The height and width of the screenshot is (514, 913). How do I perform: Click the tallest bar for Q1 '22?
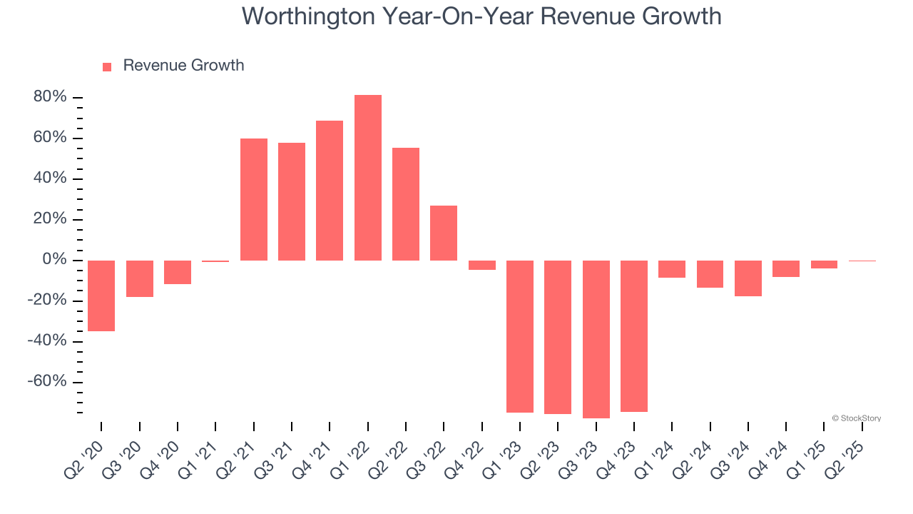pyautogui.click(x=368, y=178)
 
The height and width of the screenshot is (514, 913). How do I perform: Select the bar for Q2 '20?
pyautogui.click(x=101, y=296)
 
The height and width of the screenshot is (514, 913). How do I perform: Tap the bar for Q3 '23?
pyautogui.click(x=596, y=339)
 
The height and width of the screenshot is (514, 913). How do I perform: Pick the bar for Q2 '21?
pyautogui.click(x=254, y=199)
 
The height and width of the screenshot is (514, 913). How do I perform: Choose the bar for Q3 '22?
pyautogui.click(x=444, y=233)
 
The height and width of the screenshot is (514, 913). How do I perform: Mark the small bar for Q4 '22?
pyautogui.click(x=482, y=265)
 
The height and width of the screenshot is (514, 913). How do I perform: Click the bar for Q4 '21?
pyautogui.click(x=330, y=191)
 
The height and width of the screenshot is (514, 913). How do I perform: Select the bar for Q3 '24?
pyautogui.click(x=748, y=278)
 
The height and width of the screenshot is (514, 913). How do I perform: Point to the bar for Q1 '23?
pyautogui.click(x=520, y=336)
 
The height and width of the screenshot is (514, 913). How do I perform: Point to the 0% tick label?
pyautogui.click(x=54, y=260)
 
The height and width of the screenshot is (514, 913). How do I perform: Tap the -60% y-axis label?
pyautogui.click(x=47, y=382)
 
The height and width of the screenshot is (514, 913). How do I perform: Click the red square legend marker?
pyautogui.click(x=107, y=67)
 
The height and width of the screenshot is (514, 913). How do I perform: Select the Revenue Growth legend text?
pyautogui.click(x=183, y=66)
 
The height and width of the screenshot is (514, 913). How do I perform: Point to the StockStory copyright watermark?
pyautogui.click(x=856, y=418)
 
